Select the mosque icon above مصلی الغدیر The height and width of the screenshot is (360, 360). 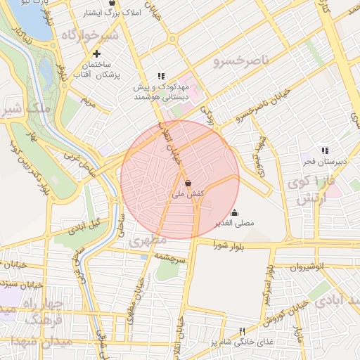pos(235,212)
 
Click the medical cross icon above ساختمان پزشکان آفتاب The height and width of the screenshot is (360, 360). pos(97,53)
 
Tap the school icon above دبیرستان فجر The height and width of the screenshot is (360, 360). pos(324,150)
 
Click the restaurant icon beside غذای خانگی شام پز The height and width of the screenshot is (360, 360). pos(243,331)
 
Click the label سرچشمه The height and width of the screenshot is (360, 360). pos(172,257)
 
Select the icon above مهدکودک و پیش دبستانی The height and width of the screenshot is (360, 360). pos(161,76)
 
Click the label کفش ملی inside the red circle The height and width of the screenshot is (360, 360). pos(187,193)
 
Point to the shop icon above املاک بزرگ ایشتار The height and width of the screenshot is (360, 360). pos(112,3)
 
